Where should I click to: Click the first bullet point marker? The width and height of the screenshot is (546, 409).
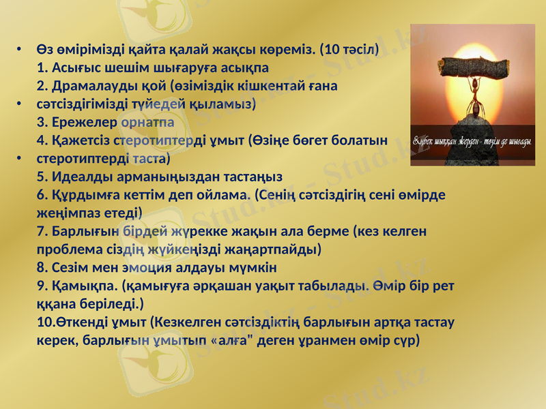[x=20, y=50]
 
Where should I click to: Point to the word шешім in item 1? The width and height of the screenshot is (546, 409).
[x=119, y=68]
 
